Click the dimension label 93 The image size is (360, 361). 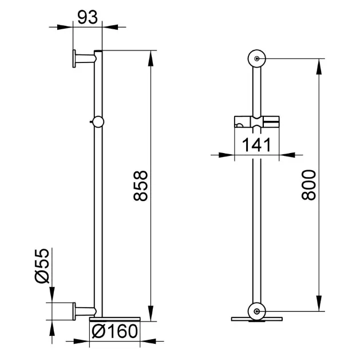88,18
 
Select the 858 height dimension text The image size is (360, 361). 140,186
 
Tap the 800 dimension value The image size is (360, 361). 308,185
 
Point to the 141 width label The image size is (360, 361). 256,145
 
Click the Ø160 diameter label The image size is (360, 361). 114,331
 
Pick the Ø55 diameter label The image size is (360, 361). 42,266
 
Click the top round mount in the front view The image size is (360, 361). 257,58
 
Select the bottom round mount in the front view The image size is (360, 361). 257,312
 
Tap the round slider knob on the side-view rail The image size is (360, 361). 98,122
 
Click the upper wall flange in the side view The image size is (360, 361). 74,58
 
